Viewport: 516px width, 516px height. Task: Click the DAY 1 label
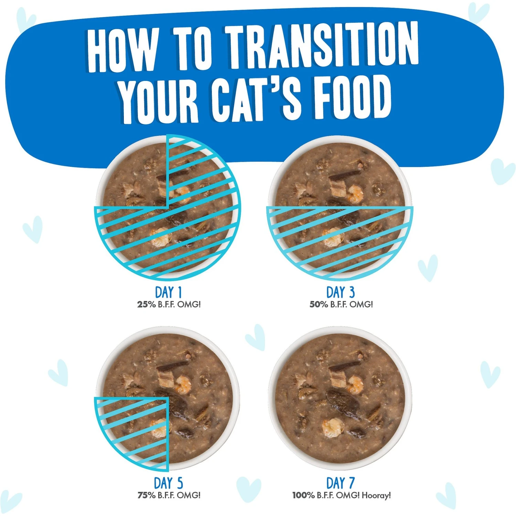click(x=168, y=292)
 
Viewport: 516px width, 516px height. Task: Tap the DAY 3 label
click(x=340, y=292)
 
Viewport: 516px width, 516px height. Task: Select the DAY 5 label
click(x=168, y=483)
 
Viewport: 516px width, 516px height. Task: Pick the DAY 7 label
click(x=340, y=483)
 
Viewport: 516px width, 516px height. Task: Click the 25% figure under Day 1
click(x=146, y=304)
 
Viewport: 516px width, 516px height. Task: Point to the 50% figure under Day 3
click(x=319, y=304)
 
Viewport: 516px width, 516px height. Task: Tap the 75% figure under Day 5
click(x=146, y=495)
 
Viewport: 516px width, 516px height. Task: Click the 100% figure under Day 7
click(x=303, y=495)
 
